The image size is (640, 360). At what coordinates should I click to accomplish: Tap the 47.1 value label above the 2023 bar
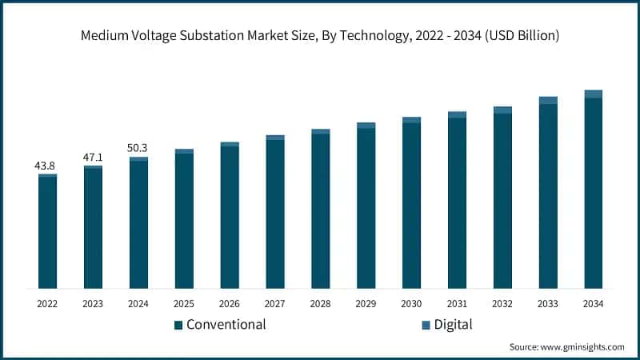(x=93, y=158)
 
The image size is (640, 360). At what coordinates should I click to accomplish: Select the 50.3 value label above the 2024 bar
(x=138, y=148)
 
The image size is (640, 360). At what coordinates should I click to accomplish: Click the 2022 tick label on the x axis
(x=47, y=304)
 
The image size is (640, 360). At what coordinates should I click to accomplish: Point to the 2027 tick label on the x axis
(x=275, y=304)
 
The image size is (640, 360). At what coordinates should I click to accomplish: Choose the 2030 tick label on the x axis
(x=411, y=304)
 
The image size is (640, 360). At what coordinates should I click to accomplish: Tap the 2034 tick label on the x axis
(x=593, y=304)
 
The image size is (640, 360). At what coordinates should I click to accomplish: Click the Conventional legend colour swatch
(x=178, y=325)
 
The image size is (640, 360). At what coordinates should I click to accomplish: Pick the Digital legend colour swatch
(x=426, y=325)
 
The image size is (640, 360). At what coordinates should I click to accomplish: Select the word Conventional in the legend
(x=226, y=325)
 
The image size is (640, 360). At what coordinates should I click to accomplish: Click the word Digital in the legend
(x=453, y=325)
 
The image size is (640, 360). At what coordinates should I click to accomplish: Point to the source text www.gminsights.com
(x=583, y=347)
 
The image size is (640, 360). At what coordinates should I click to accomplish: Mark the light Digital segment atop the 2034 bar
(x=593, y=94)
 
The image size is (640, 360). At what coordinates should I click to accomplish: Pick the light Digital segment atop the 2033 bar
(x=547, y=100)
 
